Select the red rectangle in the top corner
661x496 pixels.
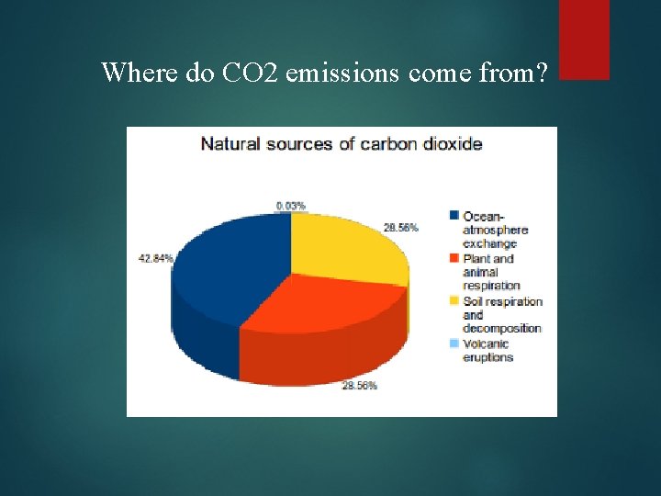(x=584, y=39)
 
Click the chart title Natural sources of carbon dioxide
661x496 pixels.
(x=341, y=144)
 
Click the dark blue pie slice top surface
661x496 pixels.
(x=230, y=262)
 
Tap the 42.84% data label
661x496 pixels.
(x=155, y=258)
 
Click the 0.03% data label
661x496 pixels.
(x=291, y=206)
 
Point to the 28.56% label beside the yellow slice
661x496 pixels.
(x=401, y=227)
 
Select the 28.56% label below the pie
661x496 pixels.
(x=358, y=386)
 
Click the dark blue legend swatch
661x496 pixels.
(x=454, y=216)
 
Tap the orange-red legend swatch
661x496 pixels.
(x=454, y=259)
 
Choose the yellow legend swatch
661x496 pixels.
(x=454, y=301)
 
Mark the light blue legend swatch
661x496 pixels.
(x=454, y=344)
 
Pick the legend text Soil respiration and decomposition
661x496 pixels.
(x=502, y=314)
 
